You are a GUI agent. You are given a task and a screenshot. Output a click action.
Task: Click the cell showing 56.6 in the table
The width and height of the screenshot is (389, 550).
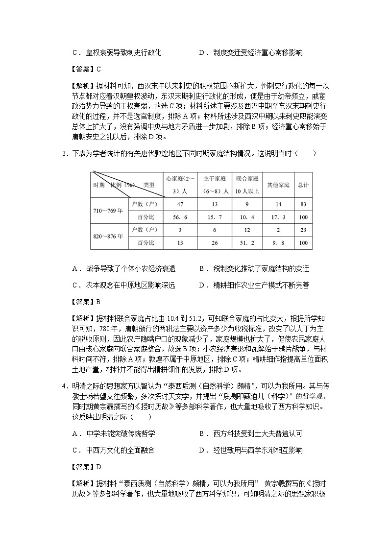tap(180, 217)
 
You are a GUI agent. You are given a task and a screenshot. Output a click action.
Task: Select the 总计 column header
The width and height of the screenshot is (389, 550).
tap(303, 185)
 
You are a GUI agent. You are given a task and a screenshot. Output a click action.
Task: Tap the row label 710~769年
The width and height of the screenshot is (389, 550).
tap(108, 211)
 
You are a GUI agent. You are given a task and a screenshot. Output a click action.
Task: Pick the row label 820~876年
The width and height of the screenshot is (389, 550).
tap(108, 236)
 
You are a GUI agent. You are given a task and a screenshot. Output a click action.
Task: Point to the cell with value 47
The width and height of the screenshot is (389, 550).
tap(180, 204)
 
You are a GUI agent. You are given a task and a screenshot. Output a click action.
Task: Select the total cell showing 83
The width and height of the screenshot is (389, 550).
tap(303, 204)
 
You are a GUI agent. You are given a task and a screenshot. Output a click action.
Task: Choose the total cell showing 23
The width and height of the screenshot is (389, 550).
tap(303, 230)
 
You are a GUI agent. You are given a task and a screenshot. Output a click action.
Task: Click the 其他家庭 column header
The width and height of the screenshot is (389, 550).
tap(278, 185)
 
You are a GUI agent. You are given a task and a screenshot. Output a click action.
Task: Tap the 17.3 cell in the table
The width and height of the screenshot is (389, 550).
tap(278, 217)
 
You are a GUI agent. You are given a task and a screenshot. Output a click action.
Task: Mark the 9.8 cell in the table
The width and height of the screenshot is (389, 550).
tap(278, 242)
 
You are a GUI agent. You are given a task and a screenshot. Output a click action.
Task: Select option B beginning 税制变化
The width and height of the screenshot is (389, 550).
tap(254, 268)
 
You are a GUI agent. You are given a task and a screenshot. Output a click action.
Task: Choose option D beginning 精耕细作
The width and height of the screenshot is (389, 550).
tap(254, 285)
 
